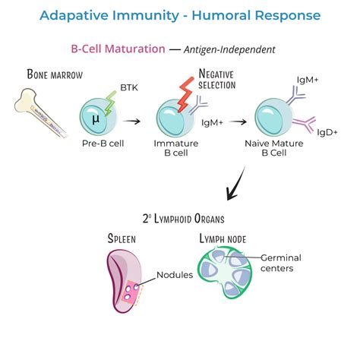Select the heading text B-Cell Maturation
(x=118, y=49)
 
